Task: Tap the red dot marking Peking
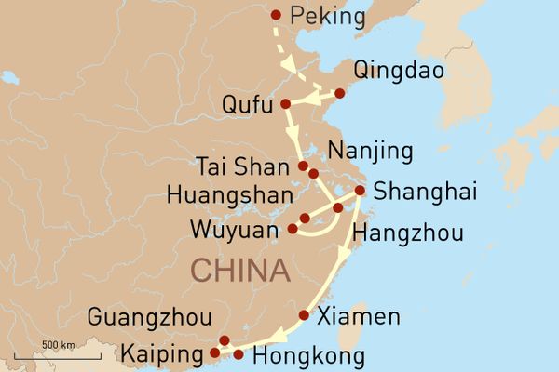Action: tap(275, 14)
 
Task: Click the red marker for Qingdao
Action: tap(339, 93)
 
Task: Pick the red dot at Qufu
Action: tap(285, 102)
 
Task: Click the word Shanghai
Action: tap(424, 193)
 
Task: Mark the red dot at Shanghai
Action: tap(360, 191)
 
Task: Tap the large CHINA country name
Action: tap(239, 272)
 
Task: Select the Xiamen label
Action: tap(359, 316)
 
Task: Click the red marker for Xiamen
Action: tap(304, 315)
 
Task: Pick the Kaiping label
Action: tap(162, 354)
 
